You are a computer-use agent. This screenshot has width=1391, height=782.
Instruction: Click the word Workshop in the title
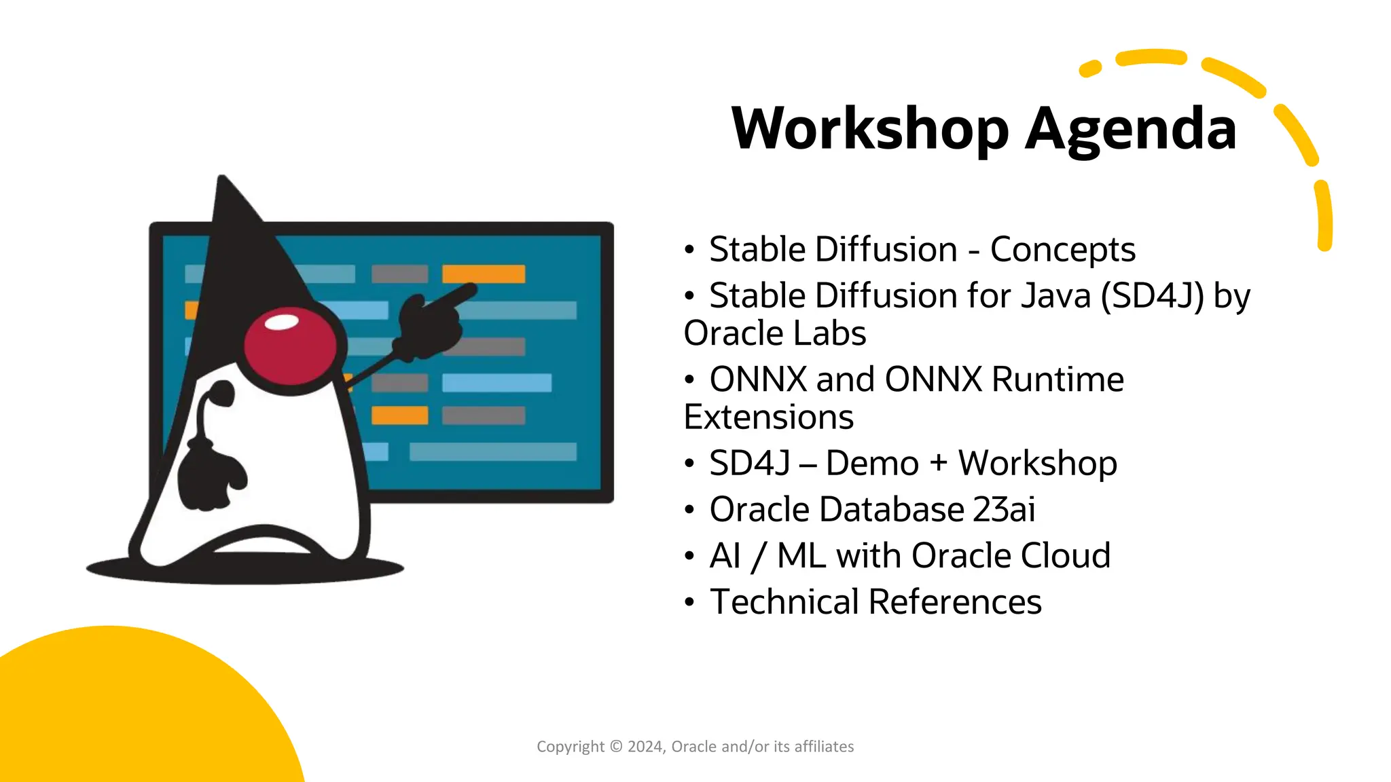click(x=870, y=129)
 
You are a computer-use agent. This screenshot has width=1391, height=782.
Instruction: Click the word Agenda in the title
click(x=1130, y=129)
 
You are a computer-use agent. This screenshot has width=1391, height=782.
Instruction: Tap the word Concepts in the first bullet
click(x=1062, y=250)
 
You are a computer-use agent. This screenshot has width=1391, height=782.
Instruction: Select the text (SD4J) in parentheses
click(x=1152, y=297)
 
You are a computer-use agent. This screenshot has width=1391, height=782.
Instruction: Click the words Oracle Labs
click(x=775, y=334)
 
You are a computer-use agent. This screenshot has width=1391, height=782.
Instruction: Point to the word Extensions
click(x=768, y=417)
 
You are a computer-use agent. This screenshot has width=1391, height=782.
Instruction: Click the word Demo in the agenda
click(x=872, y=464)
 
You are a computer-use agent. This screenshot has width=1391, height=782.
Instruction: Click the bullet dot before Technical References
click(x=689, y=603)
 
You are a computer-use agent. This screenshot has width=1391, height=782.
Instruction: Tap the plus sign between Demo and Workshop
click(x=938, y=464)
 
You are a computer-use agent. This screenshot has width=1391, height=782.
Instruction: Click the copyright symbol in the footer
click(x=616, y=747)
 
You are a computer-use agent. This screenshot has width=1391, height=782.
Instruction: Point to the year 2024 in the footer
click(x=645, y=747)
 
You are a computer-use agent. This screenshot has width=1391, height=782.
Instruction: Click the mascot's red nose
click(x=289, y=346)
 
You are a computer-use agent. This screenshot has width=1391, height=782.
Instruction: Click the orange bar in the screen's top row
click(x=483, y=274)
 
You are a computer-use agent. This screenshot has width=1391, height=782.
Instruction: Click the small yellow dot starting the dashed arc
click(x=1089, y=69)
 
